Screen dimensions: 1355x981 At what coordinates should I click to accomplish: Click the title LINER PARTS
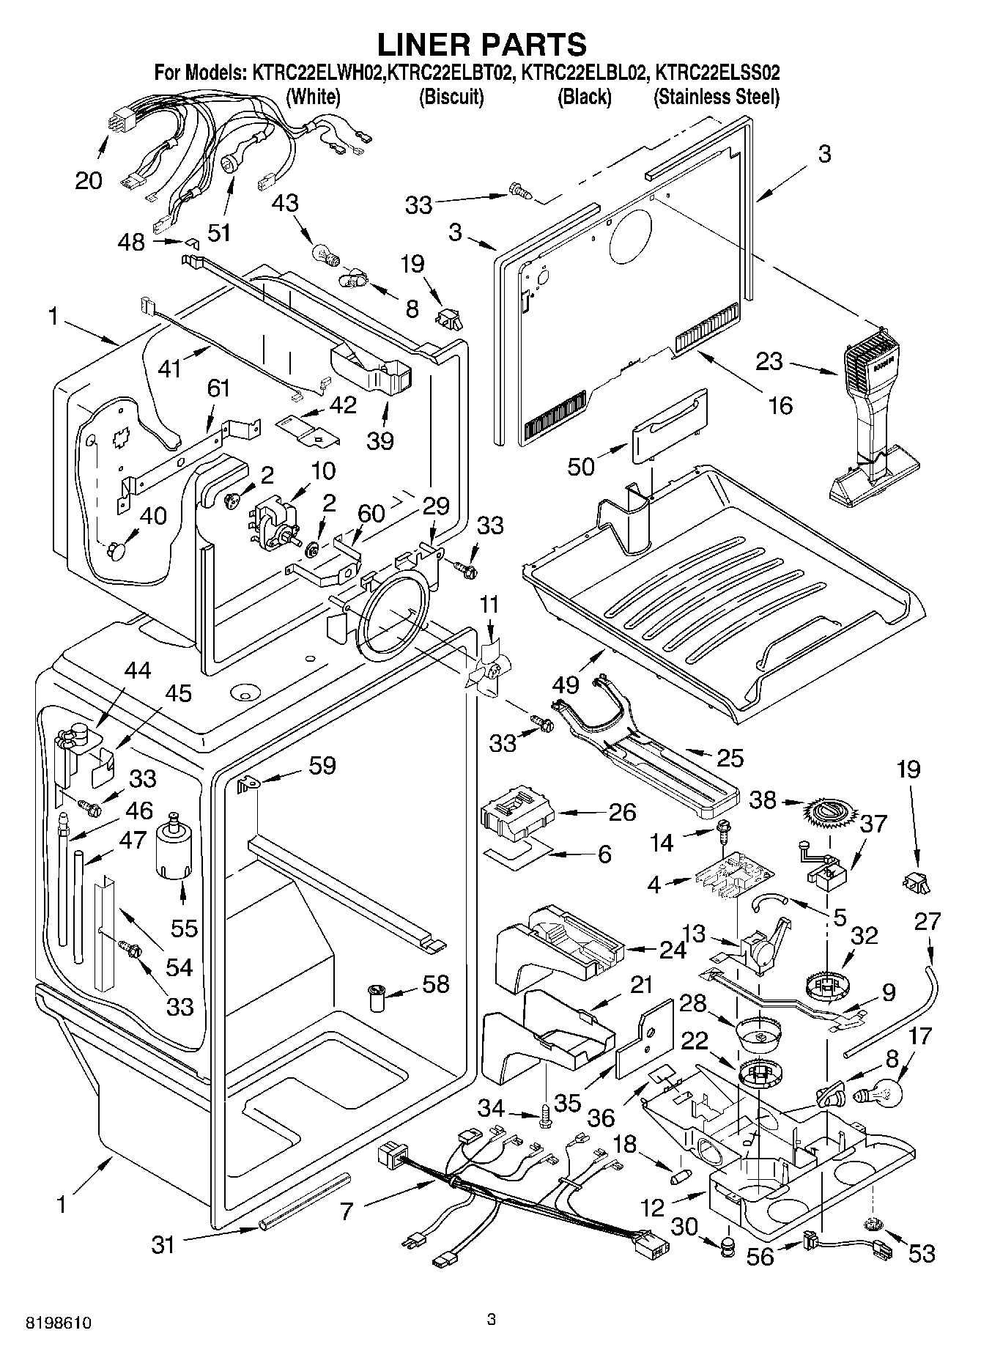[481, 45]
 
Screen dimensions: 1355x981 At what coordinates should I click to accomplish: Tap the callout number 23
[769, 361]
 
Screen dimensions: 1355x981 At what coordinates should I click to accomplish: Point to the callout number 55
[184, 928]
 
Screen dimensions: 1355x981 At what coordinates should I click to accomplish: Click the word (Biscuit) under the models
[451, 97]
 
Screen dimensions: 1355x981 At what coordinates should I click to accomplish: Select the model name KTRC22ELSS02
[717, 73]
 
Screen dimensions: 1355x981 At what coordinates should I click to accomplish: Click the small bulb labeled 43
[325, 253]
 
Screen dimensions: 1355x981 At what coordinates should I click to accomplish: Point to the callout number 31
[163, 1244]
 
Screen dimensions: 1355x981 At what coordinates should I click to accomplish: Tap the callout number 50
[582, 465]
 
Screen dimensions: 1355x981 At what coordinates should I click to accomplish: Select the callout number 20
[89, 180]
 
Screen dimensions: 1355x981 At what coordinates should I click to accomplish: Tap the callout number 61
[218, 388]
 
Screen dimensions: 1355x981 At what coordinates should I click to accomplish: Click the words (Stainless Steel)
[716, 97]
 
